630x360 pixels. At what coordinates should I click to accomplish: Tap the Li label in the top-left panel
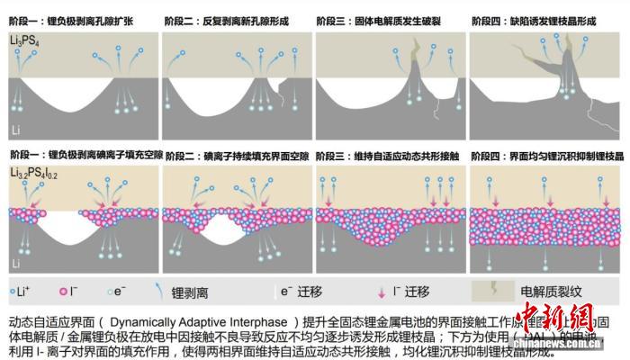coord(15,130)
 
